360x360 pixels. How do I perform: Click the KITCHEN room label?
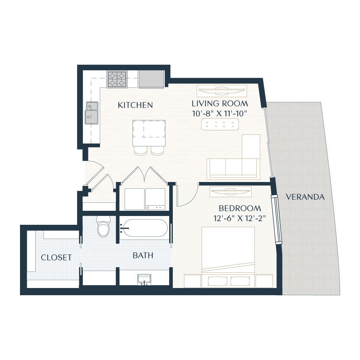(x=135, y=105)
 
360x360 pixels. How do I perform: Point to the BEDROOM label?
(x=240, y=208)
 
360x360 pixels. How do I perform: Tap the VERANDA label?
(x=305, y=197)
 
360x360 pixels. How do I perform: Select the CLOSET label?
(x=56, y=257)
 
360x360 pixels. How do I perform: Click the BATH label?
(x=143, y=255)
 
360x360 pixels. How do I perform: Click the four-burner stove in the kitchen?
(x=117, y=79)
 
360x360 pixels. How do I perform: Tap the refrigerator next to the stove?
(x=151, y=79)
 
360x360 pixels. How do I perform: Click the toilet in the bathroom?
(x=103, y=227)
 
